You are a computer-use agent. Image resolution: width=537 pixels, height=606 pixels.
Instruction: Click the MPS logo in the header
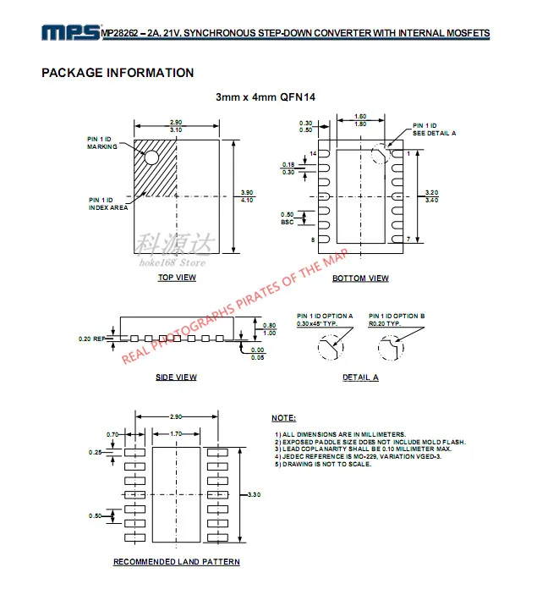70,33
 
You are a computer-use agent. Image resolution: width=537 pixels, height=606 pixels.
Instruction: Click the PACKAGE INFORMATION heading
118,73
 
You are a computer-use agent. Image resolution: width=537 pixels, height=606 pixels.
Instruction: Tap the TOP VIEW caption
177,278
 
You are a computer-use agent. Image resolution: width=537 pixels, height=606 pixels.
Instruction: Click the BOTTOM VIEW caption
360,278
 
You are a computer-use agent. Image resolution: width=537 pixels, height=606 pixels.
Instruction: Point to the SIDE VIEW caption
176,377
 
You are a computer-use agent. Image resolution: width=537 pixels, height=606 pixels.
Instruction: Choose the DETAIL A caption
360,377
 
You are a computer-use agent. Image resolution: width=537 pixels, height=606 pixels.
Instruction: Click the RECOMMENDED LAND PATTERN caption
177,562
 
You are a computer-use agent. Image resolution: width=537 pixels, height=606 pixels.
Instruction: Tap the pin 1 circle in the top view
151,157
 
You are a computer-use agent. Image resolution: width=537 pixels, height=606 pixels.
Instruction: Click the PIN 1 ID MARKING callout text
102,143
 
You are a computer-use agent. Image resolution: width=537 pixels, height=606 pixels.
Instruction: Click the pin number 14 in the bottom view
312,154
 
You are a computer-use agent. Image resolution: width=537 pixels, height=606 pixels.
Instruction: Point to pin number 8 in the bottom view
313,240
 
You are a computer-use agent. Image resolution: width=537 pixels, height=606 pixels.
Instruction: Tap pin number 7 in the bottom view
408,240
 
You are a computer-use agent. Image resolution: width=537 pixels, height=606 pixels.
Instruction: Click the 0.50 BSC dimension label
288,218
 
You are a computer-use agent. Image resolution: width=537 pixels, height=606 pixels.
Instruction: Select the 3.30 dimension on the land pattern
255,493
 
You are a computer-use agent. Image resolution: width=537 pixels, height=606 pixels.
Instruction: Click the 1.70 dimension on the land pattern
177,433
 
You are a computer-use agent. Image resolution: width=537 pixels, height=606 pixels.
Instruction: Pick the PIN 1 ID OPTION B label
397,319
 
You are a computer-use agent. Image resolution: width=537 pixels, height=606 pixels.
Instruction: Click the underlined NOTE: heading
283,418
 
